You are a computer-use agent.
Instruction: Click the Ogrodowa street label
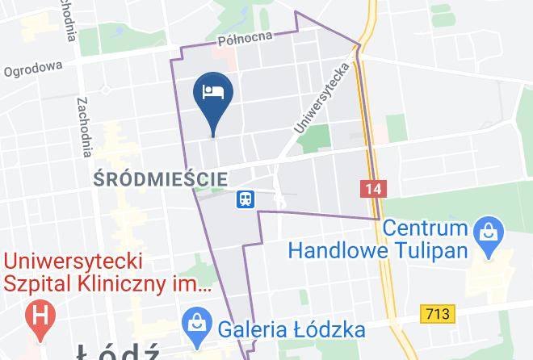tap(32, 71)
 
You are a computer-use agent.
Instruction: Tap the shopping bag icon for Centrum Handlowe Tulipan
tap(488, 230)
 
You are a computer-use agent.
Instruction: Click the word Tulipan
tap(432, 249)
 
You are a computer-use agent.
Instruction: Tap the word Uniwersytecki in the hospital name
tap(73, 262)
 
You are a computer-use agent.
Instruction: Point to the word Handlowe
tap(338, 249)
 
